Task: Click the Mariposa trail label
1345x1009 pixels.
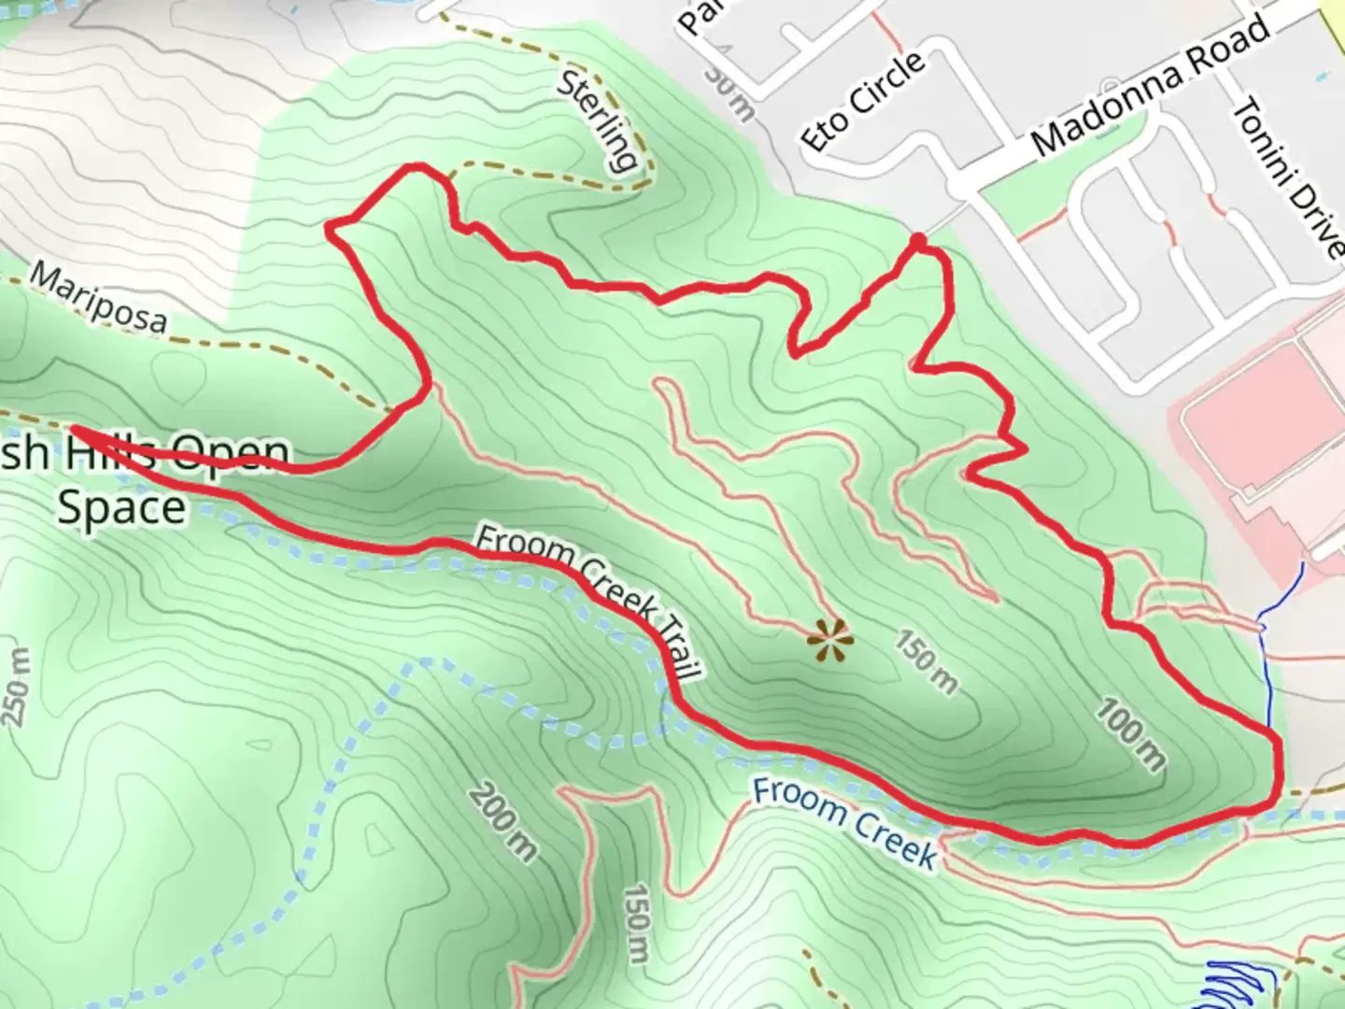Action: [x=99, y=298]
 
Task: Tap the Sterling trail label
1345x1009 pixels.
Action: [x=598, y=120]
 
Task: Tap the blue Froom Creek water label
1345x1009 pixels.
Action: [x=844, y=822]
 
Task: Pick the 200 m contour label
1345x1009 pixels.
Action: [x=503, y=822]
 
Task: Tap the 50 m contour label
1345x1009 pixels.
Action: [x=727, y=93]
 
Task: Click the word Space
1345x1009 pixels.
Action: [x=121, y=508]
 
